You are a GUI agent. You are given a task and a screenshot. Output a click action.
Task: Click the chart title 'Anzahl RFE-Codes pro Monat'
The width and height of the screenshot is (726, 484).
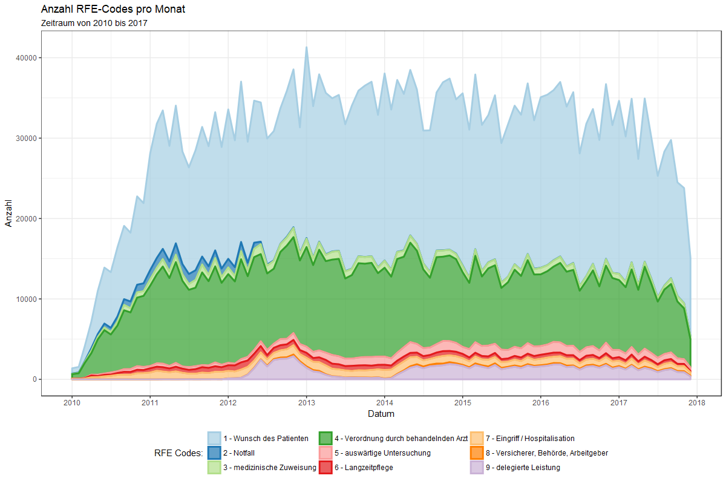click(113, 10)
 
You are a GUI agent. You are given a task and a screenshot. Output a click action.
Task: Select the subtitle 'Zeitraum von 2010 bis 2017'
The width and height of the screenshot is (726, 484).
click(94, 23)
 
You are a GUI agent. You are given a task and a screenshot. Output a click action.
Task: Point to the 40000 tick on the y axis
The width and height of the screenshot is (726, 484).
click(28, 57)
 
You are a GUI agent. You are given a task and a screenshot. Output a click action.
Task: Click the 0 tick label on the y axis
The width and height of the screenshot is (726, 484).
click(35, 379)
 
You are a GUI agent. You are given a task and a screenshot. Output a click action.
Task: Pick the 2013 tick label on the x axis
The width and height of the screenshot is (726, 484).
click(307, 402)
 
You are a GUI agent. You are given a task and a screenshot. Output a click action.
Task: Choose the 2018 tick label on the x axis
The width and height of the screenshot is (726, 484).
click(698, 402)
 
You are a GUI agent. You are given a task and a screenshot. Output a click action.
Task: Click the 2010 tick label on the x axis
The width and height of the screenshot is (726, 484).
click(72, 402)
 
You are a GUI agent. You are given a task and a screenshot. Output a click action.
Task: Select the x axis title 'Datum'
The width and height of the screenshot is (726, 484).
click(381, 414)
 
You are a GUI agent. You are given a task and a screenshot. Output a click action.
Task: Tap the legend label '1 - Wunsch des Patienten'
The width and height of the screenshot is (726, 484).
click(266, 439)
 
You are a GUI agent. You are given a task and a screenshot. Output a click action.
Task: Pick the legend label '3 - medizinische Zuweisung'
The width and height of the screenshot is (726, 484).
click(270, 468)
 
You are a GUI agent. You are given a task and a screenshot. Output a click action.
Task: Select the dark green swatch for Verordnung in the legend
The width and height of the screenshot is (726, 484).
click(325, 439)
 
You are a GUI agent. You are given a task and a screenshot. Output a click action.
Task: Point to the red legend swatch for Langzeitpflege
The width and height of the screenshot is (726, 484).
click(325, 468)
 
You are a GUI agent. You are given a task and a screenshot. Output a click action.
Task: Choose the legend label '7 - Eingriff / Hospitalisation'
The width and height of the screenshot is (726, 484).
click(530, 439)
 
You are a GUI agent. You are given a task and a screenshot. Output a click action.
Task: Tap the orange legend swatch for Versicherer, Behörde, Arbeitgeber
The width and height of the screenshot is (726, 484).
click(477, 453)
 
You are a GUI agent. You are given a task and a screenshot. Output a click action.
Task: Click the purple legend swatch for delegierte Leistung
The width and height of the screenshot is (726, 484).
click(477, 468)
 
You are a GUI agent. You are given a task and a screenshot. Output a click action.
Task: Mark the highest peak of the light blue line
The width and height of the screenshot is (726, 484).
click(306, 47)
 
